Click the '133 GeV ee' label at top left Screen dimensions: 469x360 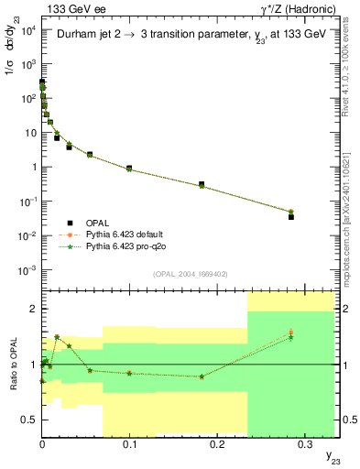point(69,8)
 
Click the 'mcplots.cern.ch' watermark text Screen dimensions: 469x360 point(348,229)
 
